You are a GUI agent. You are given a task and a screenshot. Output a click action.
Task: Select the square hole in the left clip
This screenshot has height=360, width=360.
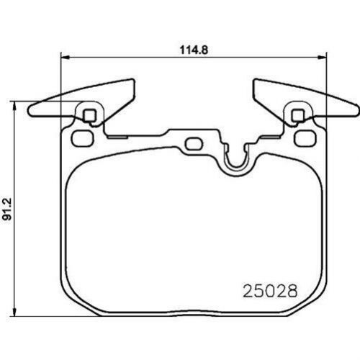[89, 114]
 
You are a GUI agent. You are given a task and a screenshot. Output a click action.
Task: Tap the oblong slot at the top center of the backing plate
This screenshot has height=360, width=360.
[192, 143]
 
